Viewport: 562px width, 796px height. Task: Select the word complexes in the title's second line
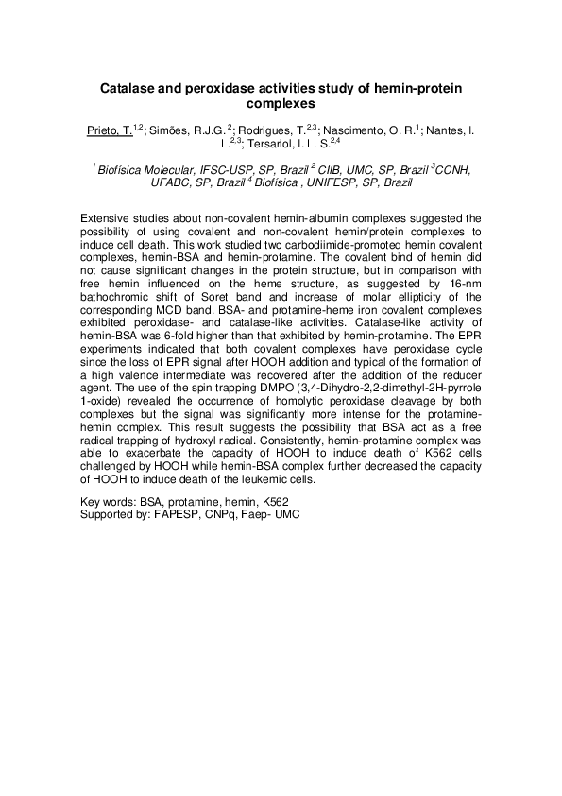(x=281, y=104)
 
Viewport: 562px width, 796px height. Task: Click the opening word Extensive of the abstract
(x=109, y=217)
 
